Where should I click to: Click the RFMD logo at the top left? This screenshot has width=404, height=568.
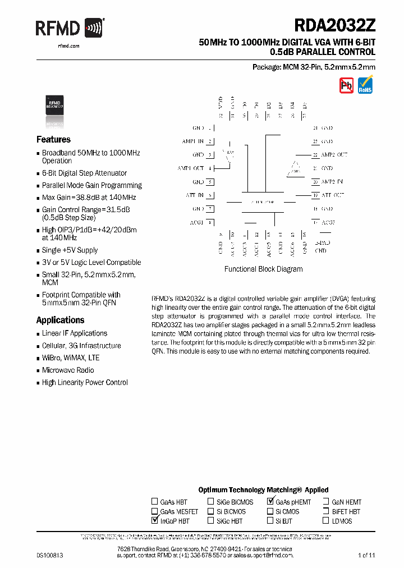click(x=70, y=28)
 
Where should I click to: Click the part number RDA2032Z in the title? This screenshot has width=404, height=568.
click(x=334, y=26)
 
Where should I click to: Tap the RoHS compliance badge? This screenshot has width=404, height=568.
click(x=365, y=85)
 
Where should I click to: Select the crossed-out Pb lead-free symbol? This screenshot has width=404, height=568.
click(x=346, y=85)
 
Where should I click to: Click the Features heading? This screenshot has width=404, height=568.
click(x=53, y=140)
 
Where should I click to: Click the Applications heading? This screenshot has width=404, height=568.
click(x=60, y=320)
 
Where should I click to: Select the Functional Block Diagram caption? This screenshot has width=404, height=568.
click(x=263, y=269)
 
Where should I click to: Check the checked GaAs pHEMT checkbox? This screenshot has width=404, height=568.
click(x=270, y=502)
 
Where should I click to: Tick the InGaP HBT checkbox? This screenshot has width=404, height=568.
click(x=155, y=521)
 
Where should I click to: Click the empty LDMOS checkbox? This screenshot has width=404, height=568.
click(x=326, y=521)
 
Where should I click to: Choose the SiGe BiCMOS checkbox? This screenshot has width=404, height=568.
click(x=211, y=502)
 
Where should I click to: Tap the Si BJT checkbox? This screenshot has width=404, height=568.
click(x=270, y=521)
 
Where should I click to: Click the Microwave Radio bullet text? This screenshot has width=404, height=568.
click(x=68, y=370)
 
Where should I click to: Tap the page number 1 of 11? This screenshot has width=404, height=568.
click(x=366, y=555)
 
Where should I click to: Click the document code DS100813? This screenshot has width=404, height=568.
click(x=50, y=555)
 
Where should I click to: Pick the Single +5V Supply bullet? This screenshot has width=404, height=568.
click(x=70, y=250)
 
